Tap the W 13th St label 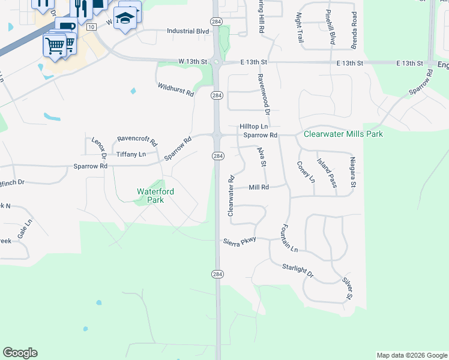192,61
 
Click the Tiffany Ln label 131,154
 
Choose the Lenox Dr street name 99,148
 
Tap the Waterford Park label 155,196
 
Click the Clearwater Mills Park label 343,134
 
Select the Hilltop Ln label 253,127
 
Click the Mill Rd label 259,187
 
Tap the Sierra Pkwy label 240,240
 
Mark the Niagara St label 354,172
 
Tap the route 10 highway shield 91,27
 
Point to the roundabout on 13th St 217,62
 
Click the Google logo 20,353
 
